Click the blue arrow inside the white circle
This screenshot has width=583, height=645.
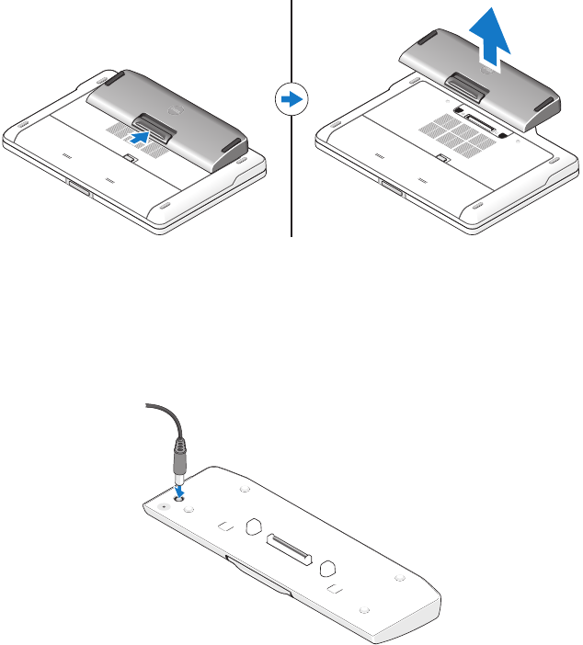(291, 98)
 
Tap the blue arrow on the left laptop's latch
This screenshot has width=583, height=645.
(141, 134)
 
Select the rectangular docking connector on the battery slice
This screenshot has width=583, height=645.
(291, 548)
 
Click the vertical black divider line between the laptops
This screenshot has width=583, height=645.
(291, 184)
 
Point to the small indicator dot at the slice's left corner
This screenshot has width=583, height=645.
(165, 505)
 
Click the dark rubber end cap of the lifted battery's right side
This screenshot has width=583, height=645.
(548, 104)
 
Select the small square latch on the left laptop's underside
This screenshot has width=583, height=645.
(131, 160)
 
